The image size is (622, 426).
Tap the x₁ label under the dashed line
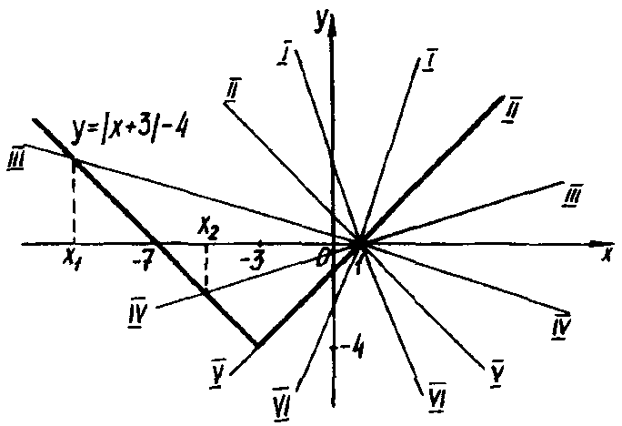pos(70,259)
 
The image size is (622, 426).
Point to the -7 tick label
pos(144,262)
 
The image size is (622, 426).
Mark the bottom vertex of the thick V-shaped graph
pos(257,345)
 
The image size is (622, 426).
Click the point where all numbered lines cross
pos(360,243)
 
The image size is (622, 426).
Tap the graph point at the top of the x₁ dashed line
pos(73,160)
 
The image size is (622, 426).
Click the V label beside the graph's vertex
pos(219,376)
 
